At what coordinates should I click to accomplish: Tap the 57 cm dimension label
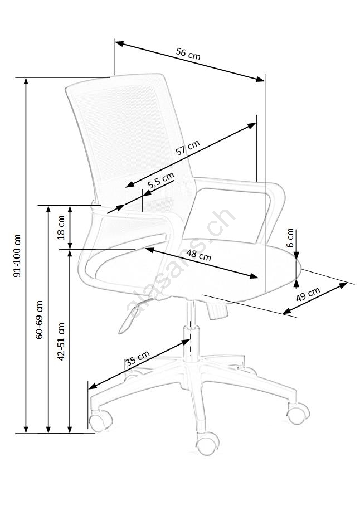(x=188, y=148)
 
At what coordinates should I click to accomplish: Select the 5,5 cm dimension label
(x=161, y=181)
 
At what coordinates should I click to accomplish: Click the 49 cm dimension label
(x=308, y=294)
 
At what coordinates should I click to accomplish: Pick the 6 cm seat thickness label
(x=290, y=237)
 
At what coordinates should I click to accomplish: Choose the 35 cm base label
(x=138, y=358)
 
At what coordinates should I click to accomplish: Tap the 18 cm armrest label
(x=61, y=227)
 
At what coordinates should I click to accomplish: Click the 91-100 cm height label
(x=17, y=255)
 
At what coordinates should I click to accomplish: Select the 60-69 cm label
(x=40, y=319)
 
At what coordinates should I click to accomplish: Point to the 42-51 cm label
(x=61, y=342)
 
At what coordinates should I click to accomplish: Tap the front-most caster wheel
(x=207, y=443)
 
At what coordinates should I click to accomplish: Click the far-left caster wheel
(x=100, y=421)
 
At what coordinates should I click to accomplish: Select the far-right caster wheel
(x=298, y=413)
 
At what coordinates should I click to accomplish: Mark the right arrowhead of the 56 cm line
(x=261, y=79)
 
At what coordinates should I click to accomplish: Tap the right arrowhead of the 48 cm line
(x=254, y=276)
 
